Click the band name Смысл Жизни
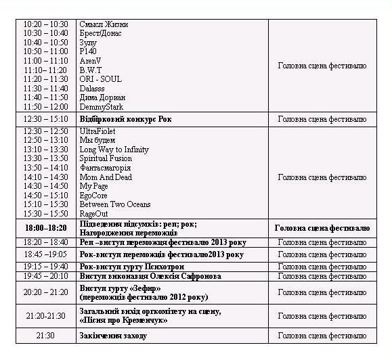coord(104,24)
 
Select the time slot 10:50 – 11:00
coord(45,51)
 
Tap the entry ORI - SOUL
coord(100,79)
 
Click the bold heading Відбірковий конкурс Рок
coord(126,118)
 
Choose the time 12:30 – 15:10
coord(45,118)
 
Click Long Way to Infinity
coord(114,150)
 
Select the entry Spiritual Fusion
coord(106,158)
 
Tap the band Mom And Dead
coord(106,177)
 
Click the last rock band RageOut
coord(93,214)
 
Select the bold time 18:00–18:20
coord(45,228)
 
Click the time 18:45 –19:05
coord(45,254)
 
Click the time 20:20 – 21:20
coord(45,292)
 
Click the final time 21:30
coord(45,336)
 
